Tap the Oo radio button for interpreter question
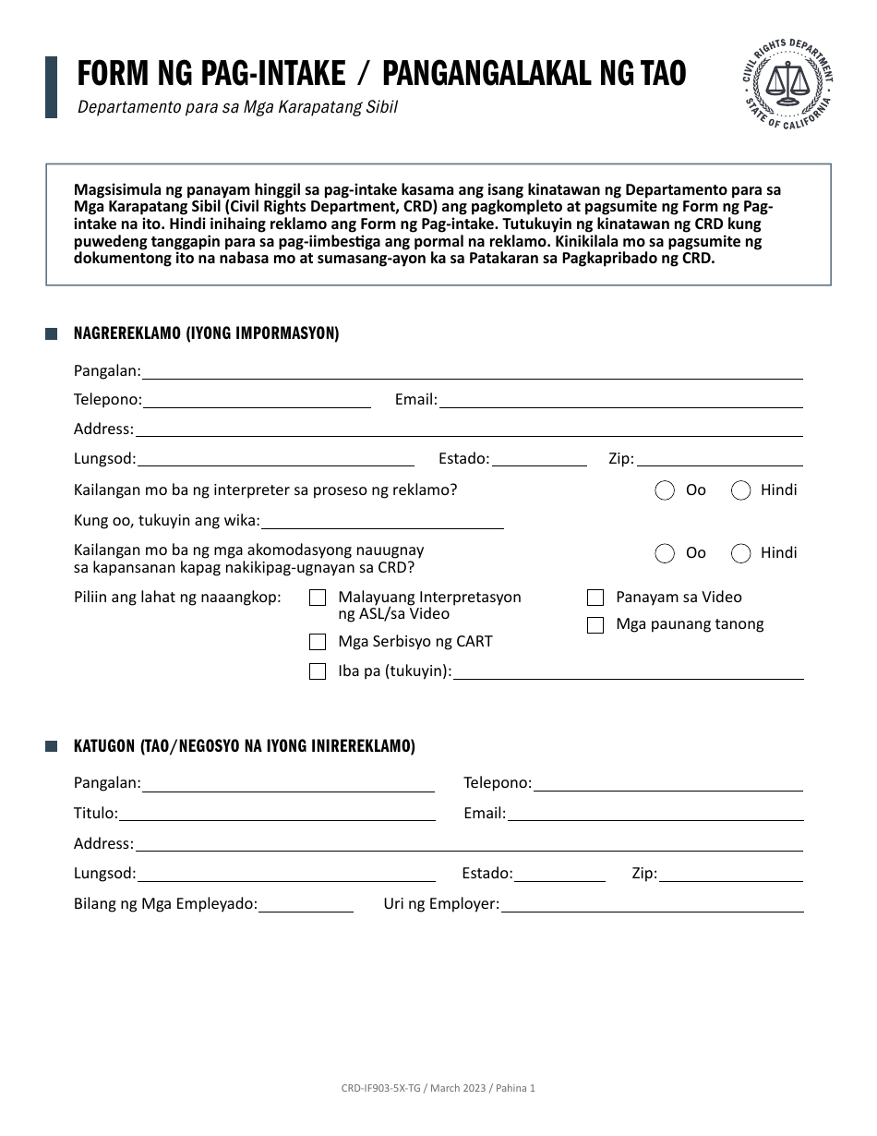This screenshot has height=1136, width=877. [x=665, y=490]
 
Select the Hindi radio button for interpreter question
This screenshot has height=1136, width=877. [x=740, y=490]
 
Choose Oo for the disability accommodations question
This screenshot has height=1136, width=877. [x=665, y=553]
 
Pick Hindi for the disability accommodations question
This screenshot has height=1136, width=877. [x=740, y=553]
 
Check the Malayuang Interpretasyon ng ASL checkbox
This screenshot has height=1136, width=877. [x=318, y=598]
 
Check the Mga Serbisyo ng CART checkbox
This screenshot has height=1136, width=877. [x=318, y=642]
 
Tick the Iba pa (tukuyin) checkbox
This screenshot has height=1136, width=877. [x=318, y=671]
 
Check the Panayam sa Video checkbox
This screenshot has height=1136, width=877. [x=595, y=598]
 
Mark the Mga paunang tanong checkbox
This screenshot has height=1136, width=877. [x=595, y=625]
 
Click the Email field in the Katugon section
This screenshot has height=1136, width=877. [x=655, y=814]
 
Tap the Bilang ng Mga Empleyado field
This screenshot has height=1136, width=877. [x=306, y=905]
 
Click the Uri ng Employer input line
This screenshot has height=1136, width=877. [x=651, y=905]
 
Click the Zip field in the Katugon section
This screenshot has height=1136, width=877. [x=730, y=874]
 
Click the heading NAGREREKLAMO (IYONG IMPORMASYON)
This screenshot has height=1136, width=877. [x=206, y=334]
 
